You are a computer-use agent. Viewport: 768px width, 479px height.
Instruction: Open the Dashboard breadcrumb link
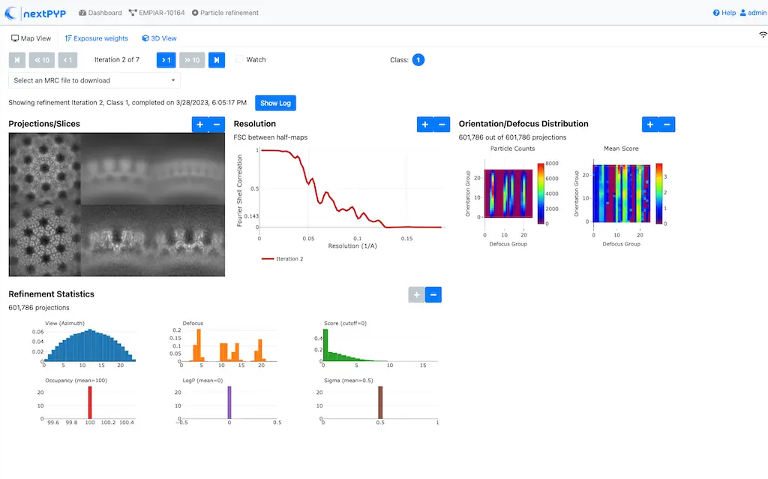point(100,13)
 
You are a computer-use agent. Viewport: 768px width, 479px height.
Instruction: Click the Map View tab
point(31,38)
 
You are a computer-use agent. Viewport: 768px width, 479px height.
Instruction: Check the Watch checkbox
point(240,59)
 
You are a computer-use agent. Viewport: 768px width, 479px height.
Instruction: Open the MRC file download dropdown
point(94,80)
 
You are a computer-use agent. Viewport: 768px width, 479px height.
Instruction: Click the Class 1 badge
point(418,60)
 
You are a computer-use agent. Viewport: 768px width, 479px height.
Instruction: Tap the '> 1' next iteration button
point(166,60)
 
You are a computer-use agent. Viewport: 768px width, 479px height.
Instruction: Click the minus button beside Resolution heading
point(442,125)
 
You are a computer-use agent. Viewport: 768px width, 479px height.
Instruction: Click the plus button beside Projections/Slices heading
point(199,125)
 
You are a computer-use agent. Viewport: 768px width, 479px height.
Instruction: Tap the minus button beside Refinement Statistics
point(433,294)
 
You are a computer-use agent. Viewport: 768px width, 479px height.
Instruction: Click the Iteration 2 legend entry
point(286,258)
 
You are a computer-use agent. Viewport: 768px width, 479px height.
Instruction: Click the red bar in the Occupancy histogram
point(90,402)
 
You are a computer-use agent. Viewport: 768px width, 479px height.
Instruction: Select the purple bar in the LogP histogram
point(229,402)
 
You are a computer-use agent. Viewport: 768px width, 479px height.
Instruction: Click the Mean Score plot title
point(621,149)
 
